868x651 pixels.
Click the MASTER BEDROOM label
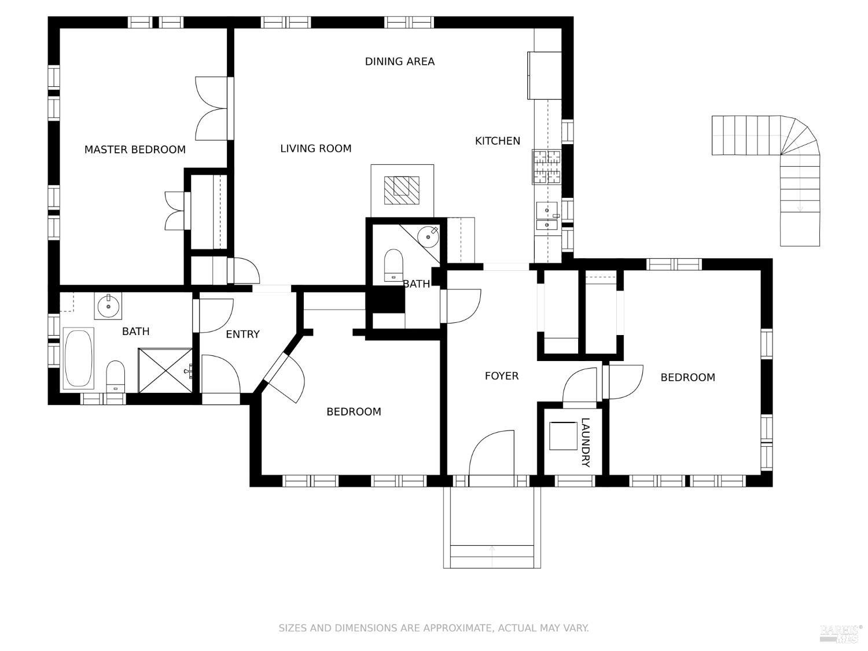[135, 150]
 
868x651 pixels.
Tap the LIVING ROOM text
[315, 149]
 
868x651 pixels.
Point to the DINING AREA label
[399, 62]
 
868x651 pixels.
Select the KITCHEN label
[498, 141]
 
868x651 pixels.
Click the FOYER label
[502, 376]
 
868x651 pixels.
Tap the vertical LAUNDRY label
[586, 442]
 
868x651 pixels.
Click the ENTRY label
[242, 334]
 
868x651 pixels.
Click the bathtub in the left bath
[78, 358]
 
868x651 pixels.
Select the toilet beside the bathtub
[116, 376]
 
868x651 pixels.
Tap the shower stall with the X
[165, 370]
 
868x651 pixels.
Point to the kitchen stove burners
[547, 167]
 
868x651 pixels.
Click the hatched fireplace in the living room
[402, 190]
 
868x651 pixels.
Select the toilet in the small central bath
[393, 265]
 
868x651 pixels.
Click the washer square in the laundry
[563, 436]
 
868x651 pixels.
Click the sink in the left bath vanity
[108, 306]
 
